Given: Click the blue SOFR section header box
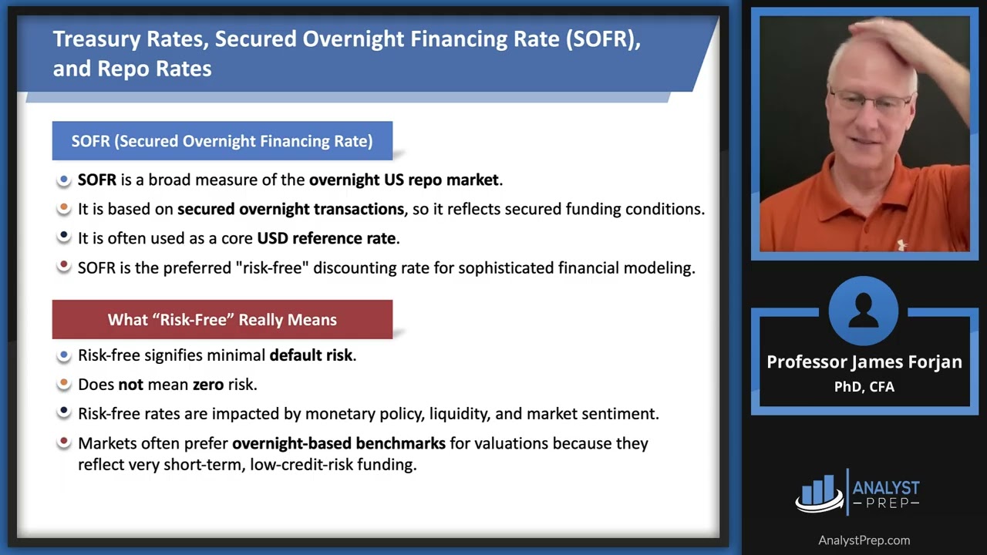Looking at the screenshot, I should (222, 141).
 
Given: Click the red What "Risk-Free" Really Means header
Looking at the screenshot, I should (222, 319).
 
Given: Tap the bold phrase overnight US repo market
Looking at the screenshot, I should (404, 180).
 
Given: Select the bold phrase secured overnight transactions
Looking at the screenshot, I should (291, 209).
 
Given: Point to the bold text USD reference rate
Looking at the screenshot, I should (326, 238).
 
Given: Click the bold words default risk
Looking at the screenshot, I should (311, 355).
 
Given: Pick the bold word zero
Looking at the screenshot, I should (210, 384).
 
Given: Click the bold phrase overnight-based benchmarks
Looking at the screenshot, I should (339, 443).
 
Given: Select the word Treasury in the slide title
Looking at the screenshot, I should (90, 40).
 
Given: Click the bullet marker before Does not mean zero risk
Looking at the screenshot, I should (64, 383).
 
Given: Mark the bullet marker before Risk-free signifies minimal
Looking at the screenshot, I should (64, 355).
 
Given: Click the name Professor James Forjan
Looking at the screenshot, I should (864, 362).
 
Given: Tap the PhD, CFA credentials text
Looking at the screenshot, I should (864, 387).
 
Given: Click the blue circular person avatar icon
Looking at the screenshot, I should (864, 311).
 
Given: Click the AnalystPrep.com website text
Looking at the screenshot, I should (864, 540).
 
